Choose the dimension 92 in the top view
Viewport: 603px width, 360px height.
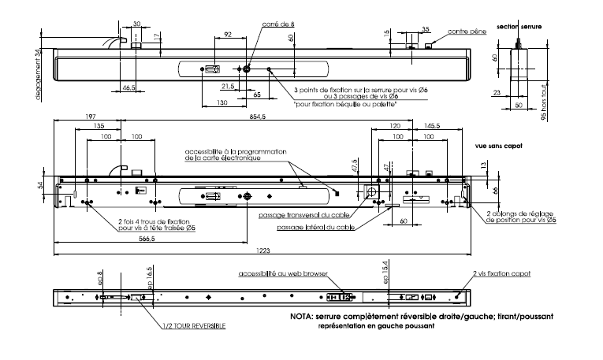(227, 35)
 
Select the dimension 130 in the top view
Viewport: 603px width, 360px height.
(223, 103)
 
